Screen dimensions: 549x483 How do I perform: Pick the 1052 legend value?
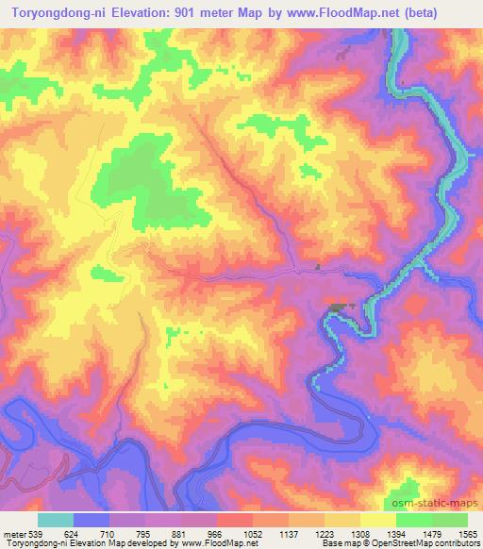(x=254, y=532)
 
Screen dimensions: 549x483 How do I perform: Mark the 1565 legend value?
(x=468, y=532)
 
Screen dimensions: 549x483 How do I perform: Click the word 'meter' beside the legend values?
(x=12, y=532)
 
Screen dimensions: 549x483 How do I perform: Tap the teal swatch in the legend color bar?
(x=56, y=520)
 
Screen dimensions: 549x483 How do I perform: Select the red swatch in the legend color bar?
(x=235, y=520)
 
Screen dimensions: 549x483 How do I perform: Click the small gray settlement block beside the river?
(x=340, y=307)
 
